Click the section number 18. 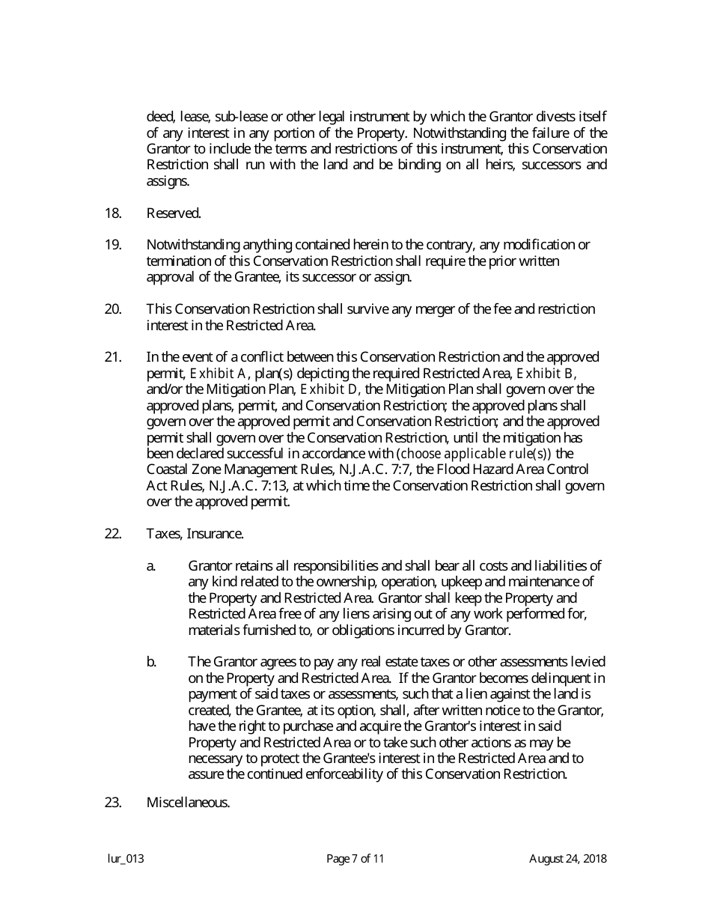point(113,213)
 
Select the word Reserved point(174,213)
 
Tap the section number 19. point(113,245)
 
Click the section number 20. point(113,309)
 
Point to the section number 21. point(113,357)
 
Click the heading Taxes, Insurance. point(195,534)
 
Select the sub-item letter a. point(151,566)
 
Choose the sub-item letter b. point(151,662)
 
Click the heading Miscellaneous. point(188,803)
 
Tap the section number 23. point(113,803)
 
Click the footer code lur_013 point(126,859)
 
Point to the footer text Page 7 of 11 point(355,859)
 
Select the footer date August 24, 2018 point(568,859)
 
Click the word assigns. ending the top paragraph point(168,181)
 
